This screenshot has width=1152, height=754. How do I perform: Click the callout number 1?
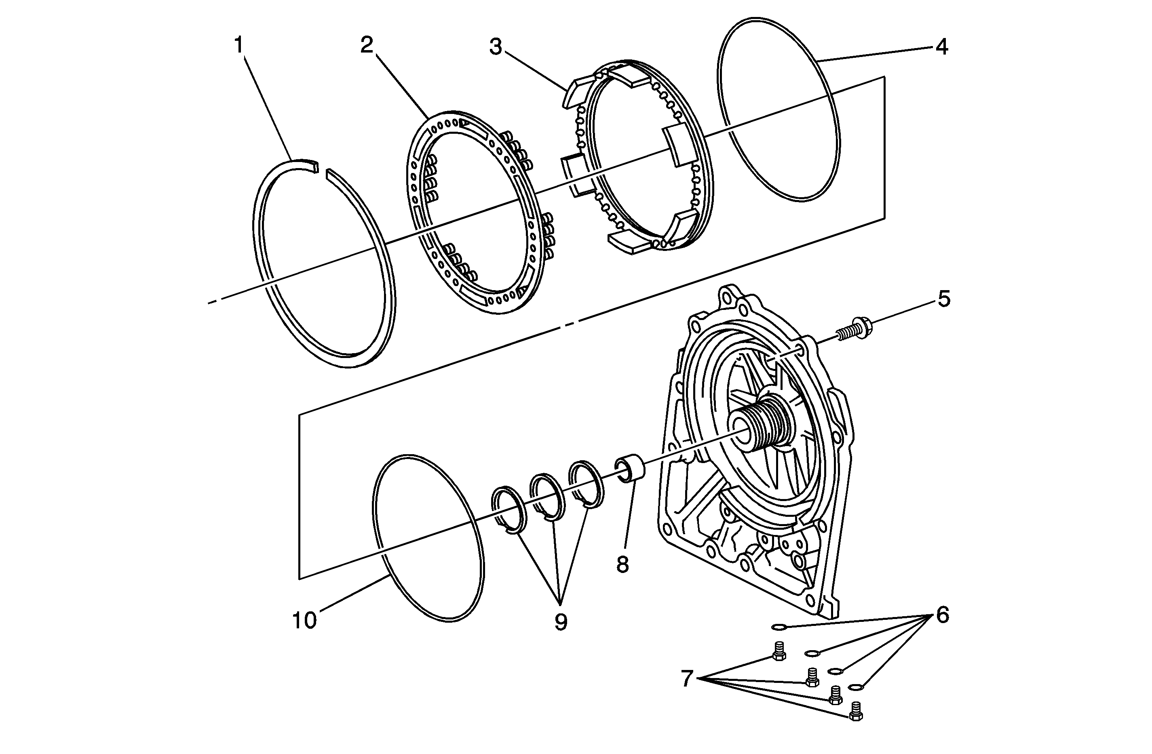click(238, 46)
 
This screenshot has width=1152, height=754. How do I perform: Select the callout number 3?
click(496, 47)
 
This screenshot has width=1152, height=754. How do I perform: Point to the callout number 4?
click(941, 47)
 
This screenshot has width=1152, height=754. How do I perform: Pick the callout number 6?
click(942, 615)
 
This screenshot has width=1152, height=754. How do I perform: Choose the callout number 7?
click(687, 678)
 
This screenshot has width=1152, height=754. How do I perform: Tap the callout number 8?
click(622, 564)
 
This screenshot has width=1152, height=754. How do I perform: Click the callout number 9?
click(561, 622)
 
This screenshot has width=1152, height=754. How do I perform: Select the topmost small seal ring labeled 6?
click(778, 628)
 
